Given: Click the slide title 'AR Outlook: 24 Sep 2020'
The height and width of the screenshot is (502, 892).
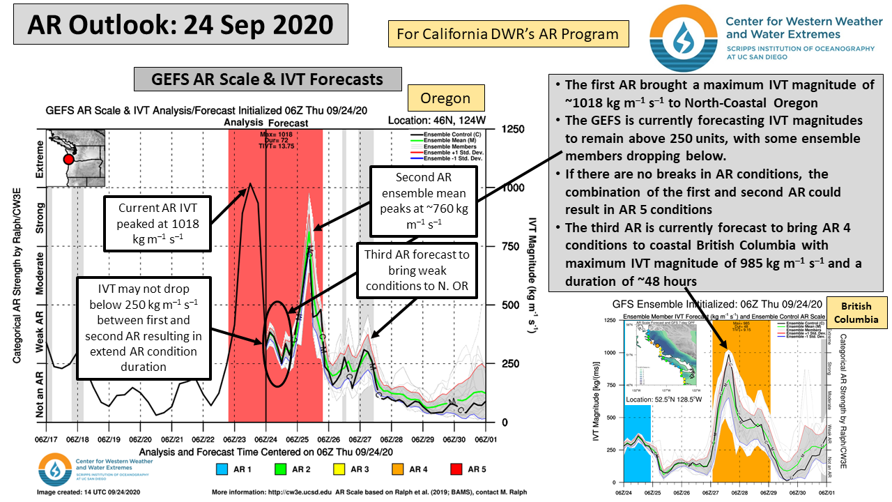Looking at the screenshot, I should [180, 25].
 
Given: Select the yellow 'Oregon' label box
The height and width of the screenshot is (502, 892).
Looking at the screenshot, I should [445, 98].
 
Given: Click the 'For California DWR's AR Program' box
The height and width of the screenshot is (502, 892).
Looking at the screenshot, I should [507, 33].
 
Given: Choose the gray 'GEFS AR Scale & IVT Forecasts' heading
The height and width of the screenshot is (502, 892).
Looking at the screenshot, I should [268, 79].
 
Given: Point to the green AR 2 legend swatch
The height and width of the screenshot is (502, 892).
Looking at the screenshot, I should [281, 469].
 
